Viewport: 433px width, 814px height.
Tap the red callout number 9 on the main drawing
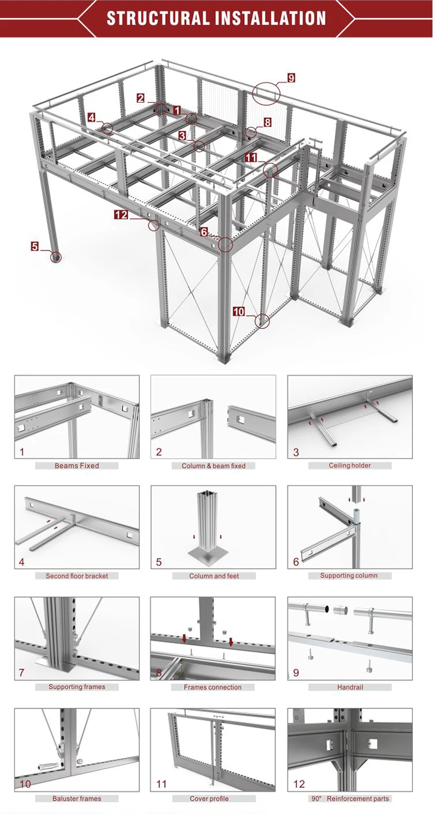click(x=291, y=78)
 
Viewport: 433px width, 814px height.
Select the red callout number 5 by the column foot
click(x=35, y=247)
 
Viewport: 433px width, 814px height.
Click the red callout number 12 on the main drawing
click(x=121, y=215)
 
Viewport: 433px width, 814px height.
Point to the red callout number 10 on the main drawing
click(x=239, y=312)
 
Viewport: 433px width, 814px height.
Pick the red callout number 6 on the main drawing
click(x=204, y=231)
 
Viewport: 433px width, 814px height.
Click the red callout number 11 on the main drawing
click(x=251, y=157)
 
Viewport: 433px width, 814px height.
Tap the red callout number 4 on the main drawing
click(x=92, y=117)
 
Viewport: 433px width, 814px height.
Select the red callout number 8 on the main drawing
click(x=267, y=122)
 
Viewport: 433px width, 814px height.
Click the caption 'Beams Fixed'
click(x=77, y=466)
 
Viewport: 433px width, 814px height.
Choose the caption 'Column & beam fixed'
click(x=214, y=466)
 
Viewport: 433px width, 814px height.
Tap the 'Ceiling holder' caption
click(x=350, y=466)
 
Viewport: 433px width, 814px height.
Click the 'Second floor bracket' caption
click(x=77, y=576)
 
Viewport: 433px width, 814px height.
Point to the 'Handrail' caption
click(x=350, y=687)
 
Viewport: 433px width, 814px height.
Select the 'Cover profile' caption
click(x=209, y=798)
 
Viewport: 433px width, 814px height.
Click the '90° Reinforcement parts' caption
click(x=350, y=798)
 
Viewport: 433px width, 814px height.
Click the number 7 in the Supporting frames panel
click(x=21, y=673)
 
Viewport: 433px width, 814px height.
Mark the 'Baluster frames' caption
click(x=77, y=798)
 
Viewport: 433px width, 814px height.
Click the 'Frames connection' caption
click(x=212, y=687)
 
